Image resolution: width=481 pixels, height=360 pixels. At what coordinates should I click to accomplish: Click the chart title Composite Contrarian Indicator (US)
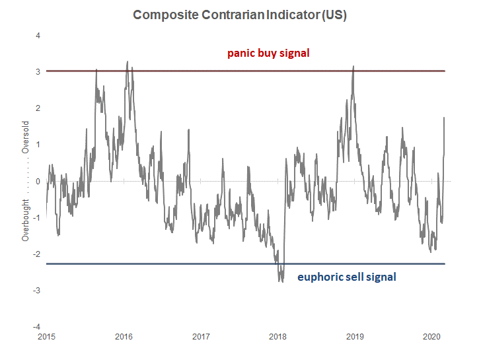(240, 15)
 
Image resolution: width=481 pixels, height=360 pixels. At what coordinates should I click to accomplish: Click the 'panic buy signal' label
(268, 53)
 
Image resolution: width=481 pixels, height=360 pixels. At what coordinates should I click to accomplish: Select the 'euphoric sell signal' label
(346, 277)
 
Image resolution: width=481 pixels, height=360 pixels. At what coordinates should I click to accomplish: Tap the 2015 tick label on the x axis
(46, 337)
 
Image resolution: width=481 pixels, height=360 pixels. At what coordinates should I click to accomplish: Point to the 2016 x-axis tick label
(124, 337)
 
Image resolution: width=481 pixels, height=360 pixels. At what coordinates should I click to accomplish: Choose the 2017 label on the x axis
(201, 337)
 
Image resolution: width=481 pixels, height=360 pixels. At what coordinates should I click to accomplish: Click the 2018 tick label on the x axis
(277, 337)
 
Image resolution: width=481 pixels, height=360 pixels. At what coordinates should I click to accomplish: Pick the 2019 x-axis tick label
(355, 337)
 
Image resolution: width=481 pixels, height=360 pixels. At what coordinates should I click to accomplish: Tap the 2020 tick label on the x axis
(431, 337)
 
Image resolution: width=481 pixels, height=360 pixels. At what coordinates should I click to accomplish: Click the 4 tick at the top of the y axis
(38, 35)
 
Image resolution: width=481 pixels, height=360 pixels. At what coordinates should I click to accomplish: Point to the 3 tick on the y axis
(38, 71)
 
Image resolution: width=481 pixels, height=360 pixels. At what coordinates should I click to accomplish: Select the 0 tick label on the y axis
(38, 181)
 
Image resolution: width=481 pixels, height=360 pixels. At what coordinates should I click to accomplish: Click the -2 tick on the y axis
(36, 254)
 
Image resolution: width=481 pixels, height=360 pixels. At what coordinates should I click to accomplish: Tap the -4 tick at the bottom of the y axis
(36, 327)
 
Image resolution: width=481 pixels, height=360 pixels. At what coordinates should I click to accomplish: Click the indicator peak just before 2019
(353, 66)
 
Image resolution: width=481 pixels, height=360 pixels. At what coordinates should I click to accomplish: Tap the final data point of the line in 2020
(444, 118)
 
